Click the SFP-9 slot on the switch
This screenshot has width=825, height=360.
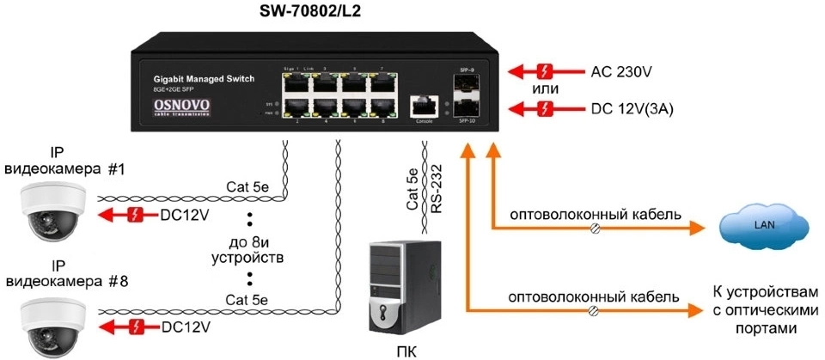pos(468,83)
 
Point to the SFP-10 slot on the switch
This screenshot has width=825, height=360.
pos(468,109)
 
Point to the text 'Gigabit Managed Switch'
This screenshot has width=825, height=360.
pos(203,79)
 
